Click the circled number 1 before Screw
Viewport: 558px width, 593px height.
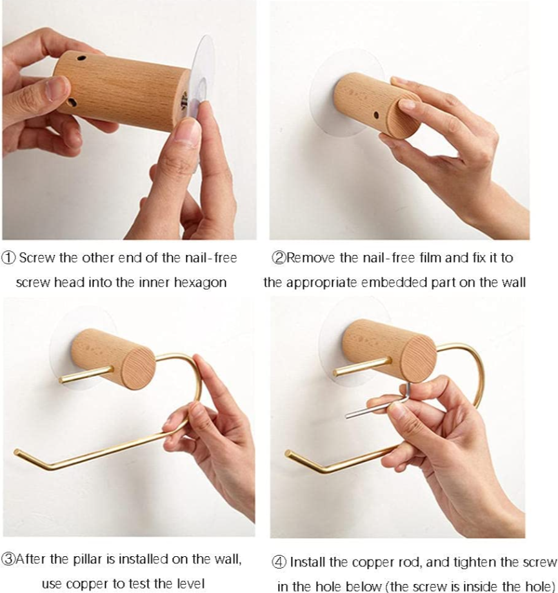8,258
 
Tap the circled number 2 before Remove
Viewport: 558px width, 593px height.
279,258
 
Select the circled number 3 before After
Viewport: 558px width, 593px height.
8,559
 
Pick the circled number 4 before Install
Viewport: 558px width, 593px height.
279,563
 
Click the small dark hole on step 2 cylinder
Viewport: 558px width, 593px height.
376,115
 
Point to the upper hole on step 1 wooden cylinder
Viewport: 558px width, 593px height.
81,59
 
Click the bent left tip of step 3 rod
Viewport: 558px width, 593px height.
17,452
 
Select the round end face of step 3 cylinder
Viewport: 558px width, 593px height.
139,370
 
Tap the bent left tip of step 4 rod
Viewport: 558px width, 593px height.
288,453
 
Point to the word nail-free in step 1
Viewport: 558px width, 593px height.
211,257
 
